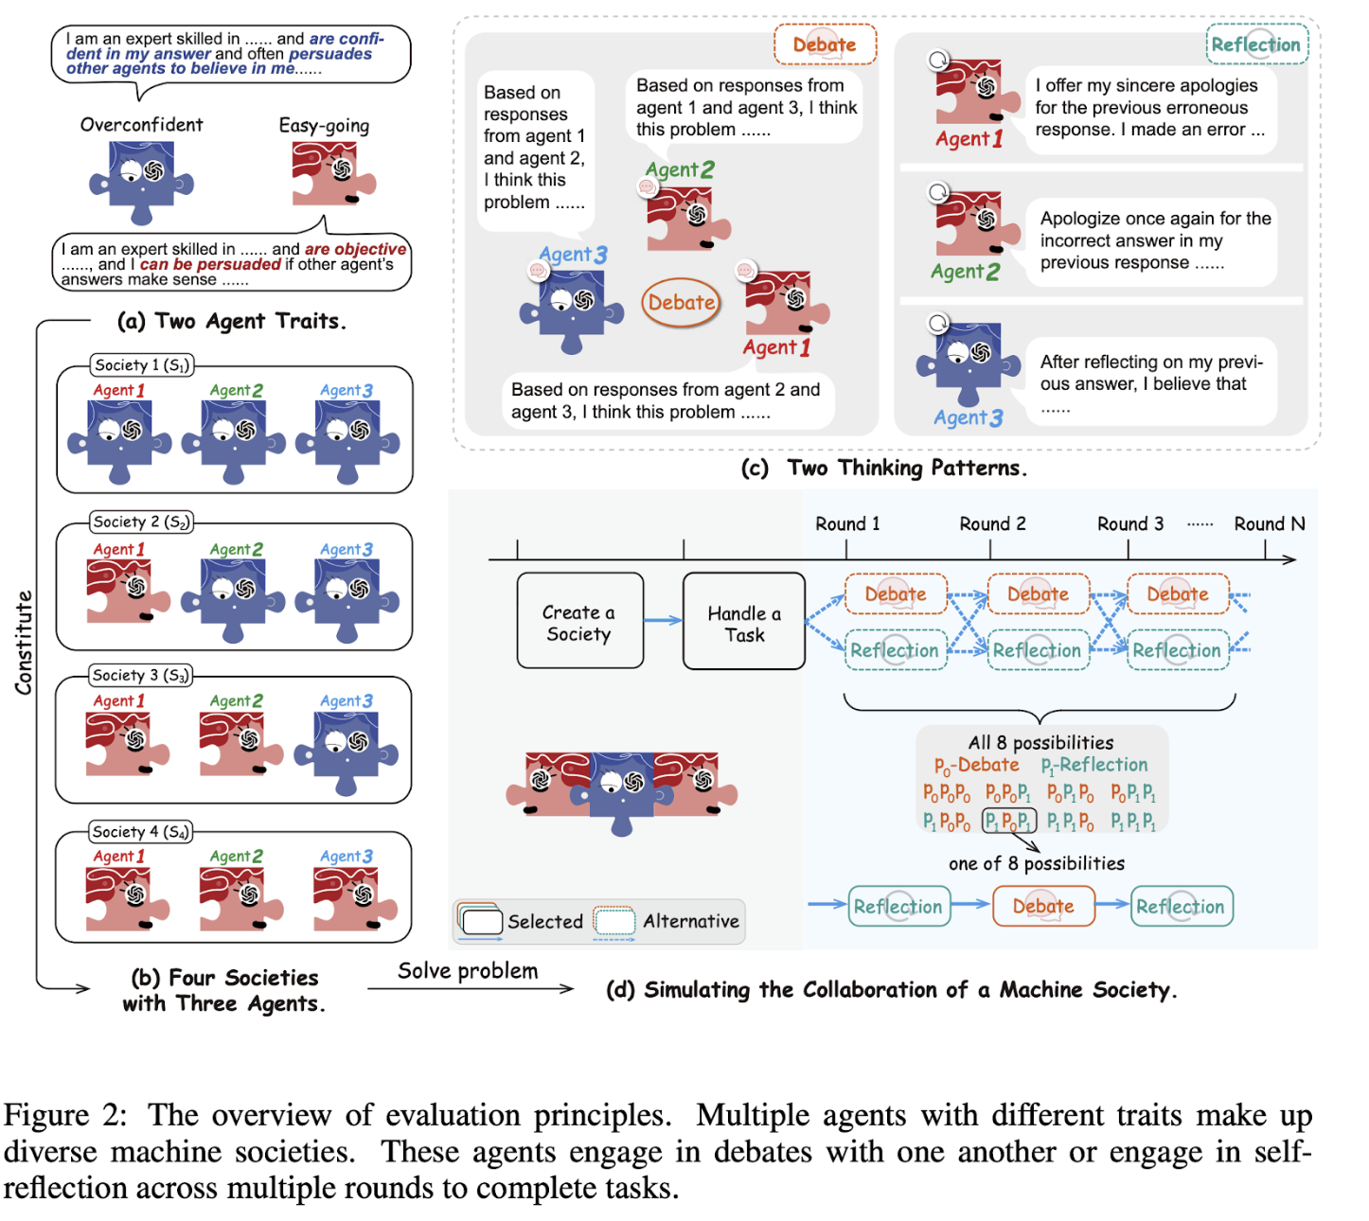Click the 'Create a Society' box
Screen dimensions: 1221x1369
pyautogui.click(x=579, y=621)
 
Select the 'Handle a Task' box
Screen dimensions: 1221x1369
pyautogui.click(x=744, y=622)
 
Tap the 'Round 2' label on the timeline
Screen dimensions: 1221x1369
pyautogui.click(x=992, y=523)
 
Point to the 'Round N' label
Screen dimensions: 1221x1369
pyautogui.click(x=1269, y=523)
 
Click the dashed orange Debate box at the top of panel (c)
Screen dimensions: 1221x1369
pyautogui.click(x=825, y=44)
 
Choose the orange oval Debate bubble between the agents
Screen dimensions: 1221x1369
pyautogui.click(x=681, y=303)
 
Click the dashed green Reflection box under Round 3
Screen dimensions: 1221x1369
pyautogui.click(x=1177, y=650)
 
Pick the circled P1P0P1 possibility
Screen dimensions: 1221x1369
pyautogui.click(x=1008, y=821)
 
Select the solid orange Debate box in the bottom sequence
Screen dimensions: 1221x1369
pyautogui.click(x=1043, y=906)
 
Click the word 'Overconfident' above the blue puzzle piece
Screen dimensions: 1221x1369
pyautogui.click(x=141, y=125)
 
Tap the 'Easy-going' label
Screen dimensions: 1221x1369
pyautogui.click(x=324, y=125)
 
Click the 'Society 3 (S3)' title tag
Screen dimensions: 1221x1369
pyautogui.click(x=141, y=675)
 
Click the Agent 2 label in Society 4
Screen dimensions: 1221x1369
pyautogui.click(x=236, y=856)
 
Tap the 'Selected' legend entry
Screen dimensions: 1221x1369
pyautogui.click(x=544, y=921)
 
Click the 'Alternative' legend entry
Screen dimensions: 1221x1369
pyautogui.click(x=690, y=921)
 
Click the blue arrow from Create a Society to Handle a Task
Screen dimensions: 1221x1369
pyautogui.click(x=663, y=621)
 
